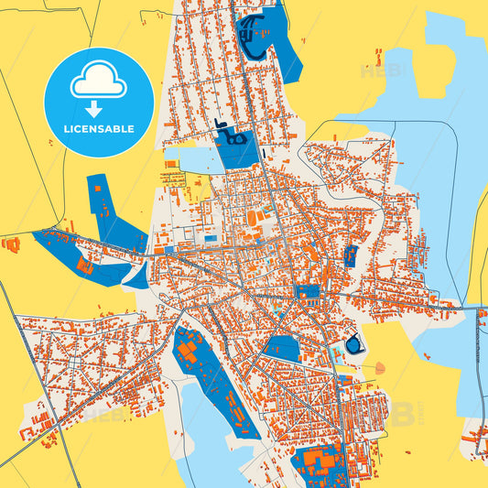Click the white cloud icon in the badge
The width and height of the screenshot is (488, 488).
tap(98, 81)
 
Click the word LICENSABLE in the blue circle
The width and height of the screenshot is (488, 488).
tap(98, 129)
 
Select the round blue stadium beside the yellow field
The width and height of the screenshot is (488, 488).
tap(352, 346)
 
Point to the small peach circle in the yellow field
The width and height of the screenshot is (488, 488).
tap(380, 368)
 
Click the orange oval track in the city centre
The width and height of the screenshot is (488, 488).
tap(252, 218)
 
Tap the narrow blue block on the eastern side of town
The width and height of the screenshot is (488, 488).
tap(350, 255)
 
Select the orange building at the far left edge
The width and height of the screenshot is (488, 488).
tap(11, 244)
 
